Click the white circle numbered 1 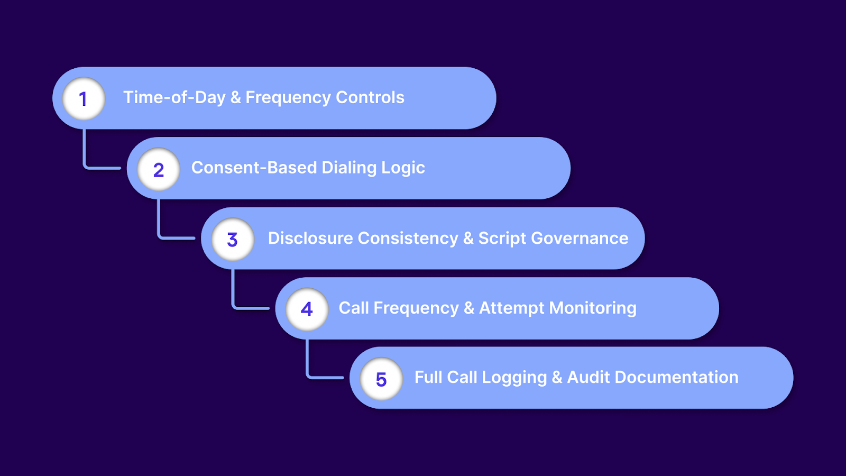pyautogui.click(x=84, y=98)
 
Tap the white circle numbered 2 pyautogui.click(x=158, y=169)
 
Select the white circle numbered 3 pyautogui.click(x=233, y=239)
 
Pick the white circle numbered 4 pyautogui.click(x=307, y=309)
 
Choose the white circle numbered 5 pyautogui.click(x=381, y=379)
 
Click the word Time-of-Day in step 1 pyautogui.click(x=174, y=97)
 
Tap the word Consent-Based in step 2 pyautogui.click(x=254, y=168)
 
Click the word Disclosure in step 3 pyautogui.click(x=310, y=238)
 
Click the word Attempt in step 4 pyautogui.click(x=511, y=308)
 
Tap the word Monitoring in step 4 pyautogui.click(x=593, y=308)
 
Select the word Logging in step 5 pyautogui.click(x=514, y=378)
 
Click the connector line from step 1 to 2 pyautogui.click(x=85, y=153)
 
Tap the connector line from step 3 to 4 pyautogui.click(x=233, y=294)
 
